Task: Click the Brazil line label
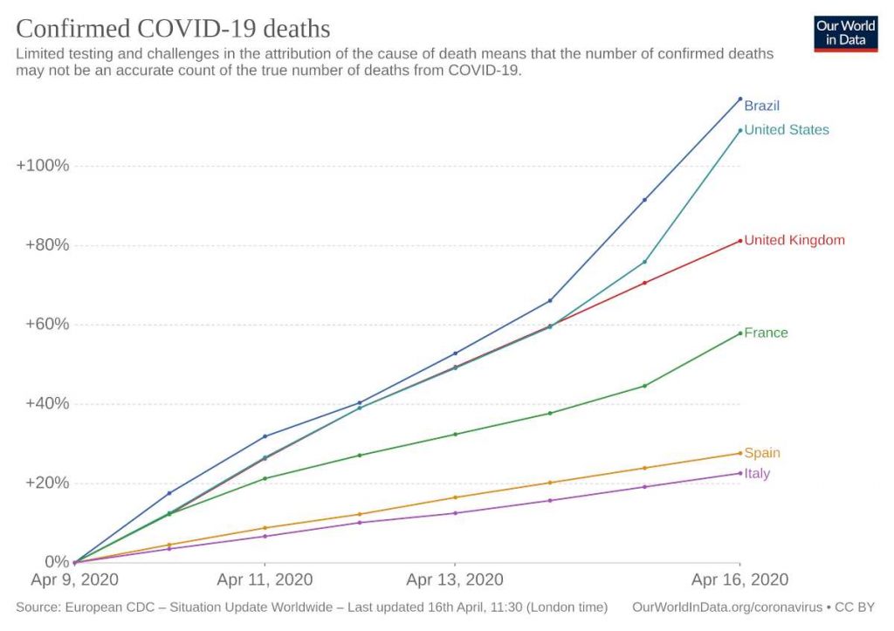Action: pos(761,106)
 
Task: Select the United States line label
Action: pos(786,130)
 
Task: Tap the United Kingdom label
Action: pos(794,240)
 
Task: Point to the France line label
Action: pos(766,333)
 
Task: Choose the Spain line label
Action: pos(762,453)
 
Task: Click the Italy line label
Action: pos(757,473)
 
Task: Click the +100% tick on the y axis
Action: pos(43,166)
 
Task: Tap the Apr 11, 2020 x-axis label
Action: pos(265,580)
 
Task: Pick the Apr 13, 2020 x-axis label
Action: pos(454,580)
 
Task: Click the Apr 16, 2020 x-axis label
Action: pos(739,580)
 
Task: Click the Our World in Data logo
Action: pos(845,33)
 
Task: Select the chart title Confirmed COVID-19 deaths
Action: pos(173,29)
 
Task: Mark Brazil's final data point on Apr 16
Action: pos(740,99)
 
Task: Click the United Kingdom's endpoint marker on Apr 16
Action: pos(740,241)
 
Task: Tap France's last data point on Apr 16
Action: pos(740,333)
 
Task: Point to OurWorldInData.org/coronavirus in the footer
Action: pos(726,606)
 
